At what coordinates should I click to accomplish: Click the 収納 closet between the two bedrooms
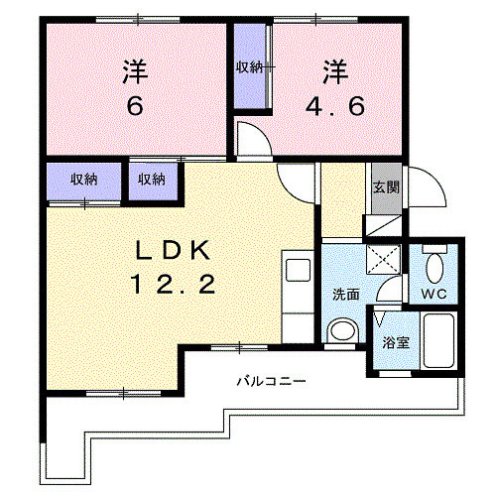[x=249, y=67]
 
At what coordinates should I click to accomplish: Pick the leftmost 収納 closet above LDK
[x=84, y=180]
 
